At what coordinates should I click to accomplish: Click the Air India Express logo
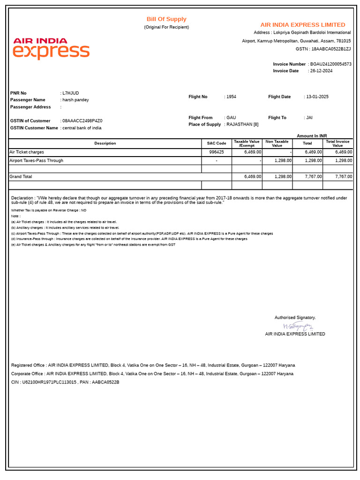click(x=51, y=49)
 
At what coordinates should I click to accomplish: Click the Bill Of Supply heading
click(x=166, y=19)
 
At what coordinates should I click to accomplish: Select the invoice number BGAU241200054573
click(x=331, y=64)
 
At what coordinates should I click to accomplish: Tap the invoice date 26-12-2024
click(x=322, y=71)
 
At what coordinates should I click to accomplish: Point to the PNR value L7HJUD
click(x=71, y=93)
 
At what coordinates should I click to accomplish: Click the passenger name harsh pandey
click(x=76, y=100)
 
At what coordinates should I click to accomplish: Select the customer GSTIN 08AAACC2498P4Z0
click(x=82, y=121)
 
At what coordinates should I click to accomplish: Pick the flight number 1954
click(x=231, y=97)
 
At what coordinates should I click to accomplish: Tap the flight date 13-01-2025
click(x=317, y=97)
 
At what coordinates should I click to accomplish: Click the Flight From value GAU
click(x=231, y=118)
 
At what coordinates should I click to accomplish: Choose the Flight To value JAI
click(x=309, y=118)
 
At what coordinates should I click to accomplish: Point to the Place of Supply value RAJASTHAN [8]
click(x=242, y=125)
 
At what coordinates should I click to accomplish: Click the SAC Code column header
click(x=217, y=143)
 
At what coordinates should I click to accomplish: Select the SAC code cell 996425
click(x=217, y=152)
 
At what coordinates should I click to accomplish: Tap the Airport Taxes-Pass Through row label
click(x=37, y=161)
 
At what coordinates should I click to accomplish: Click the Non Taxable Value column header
click(x=277, y=143)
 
